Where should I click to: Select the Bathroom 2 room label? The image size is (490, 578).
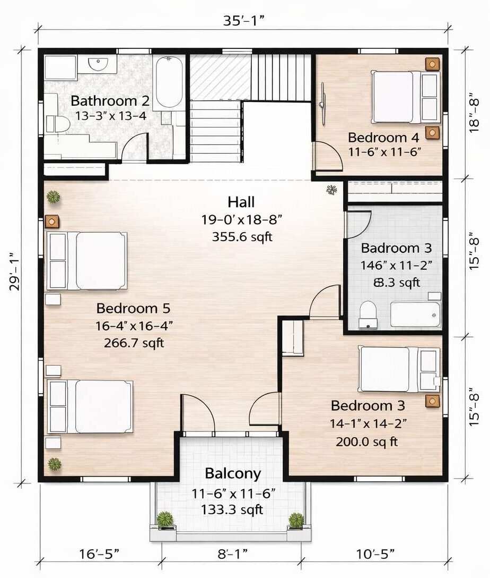pyautogui.click(x=110, y=100)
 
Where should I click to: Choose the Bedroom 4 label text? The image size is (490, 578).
pyautogui.click(x=384, y=138)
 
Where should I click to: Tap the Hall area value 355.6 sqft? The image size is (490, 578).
pyautogui.click(x=242, y=237)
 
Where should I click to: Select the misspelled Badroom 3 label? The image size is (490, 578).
pyautogui.click(x=396, y=248)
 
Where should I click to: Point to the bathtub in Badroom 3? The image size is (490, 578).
pyautogui.click(x=416, y=314)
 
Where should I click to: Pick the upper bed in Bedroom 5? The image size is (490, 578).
pyautogui.click(x=88, y=260)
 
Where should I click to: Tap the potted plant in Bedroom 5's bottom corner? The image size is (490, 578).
pyautogui.click(x=54, y=463)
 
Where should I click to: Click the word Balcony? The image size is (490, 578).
pyautogui.click(x=233, y=473)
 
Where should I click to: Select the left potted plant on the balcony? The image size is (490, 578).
pyautogui.click(x=165, y=519)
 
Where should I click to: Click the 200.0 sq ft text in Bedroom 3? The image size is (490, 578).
pyautogui.click(x=367, y=441)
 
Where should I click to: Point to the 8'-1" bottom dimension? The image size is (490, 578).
pyautogui.click(x=231, y=555)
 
